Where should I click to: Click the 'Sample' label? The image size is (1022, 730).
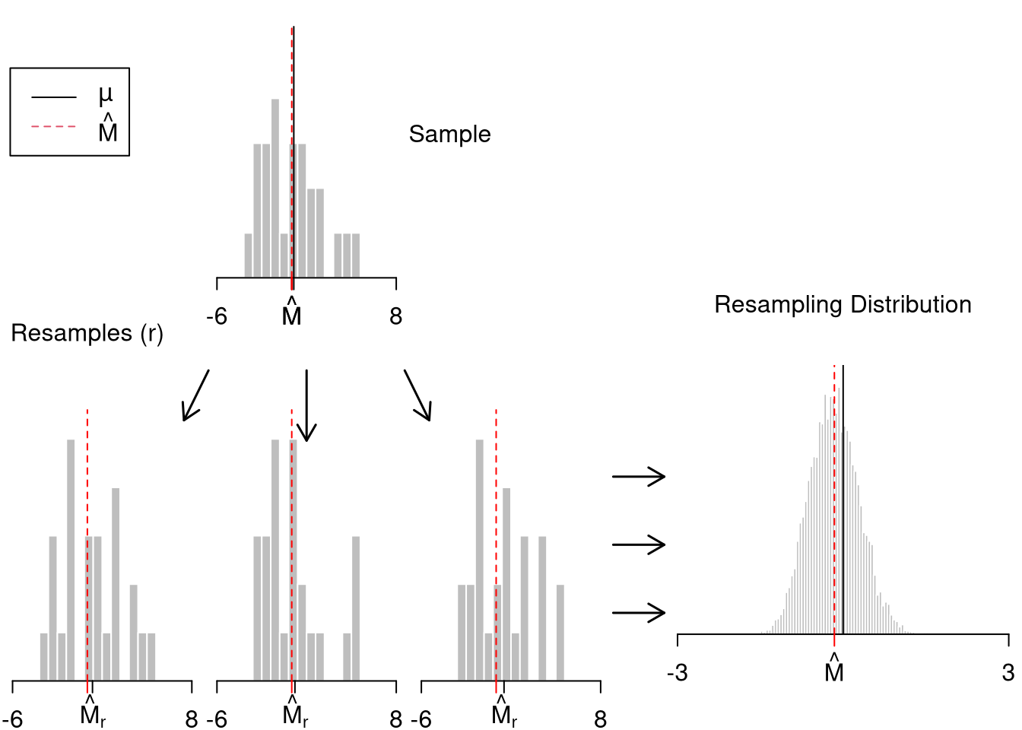point(449,135)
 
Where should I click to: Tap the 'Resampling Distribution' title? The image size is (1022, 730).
point(843,305)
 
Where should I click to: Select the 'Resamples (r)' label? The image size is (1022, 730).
point(87,334)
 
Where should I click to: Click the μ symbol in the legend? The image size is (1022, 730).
point(106,95)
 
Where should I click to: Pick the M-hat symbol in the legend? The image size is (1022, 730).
point(108,129)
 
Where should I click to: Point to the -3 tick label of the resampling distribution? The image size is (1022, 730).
point(677,673)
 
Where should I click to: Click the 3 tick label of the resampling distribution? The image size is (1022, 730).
point(1008,673)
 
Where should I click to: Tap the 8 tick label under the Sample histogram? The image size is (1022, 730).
point(395,316)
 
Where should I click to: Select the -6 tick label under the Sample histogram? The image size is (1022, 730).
point(217,316)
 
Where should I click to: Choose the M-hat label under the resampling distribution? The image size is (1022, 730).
point(834,669)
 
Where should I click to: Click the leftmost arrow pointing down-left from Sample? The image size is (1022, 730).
point(195,395)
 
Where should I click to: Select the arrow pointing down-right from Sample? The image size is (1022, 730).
point(417,395)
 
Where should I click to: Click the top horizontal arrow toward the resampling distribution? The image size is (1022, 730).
point(639,477)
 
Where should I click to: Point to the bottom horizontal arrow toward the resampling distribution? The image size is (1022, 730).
point(639,612)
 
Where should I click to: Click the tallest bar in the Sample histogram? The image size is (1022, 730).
point(275,188)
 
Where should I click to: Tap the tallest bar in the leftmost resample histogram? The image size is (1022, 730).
point(71,560)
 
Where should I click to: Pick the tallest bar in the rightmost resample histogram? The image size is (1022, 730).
point(479,560)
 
